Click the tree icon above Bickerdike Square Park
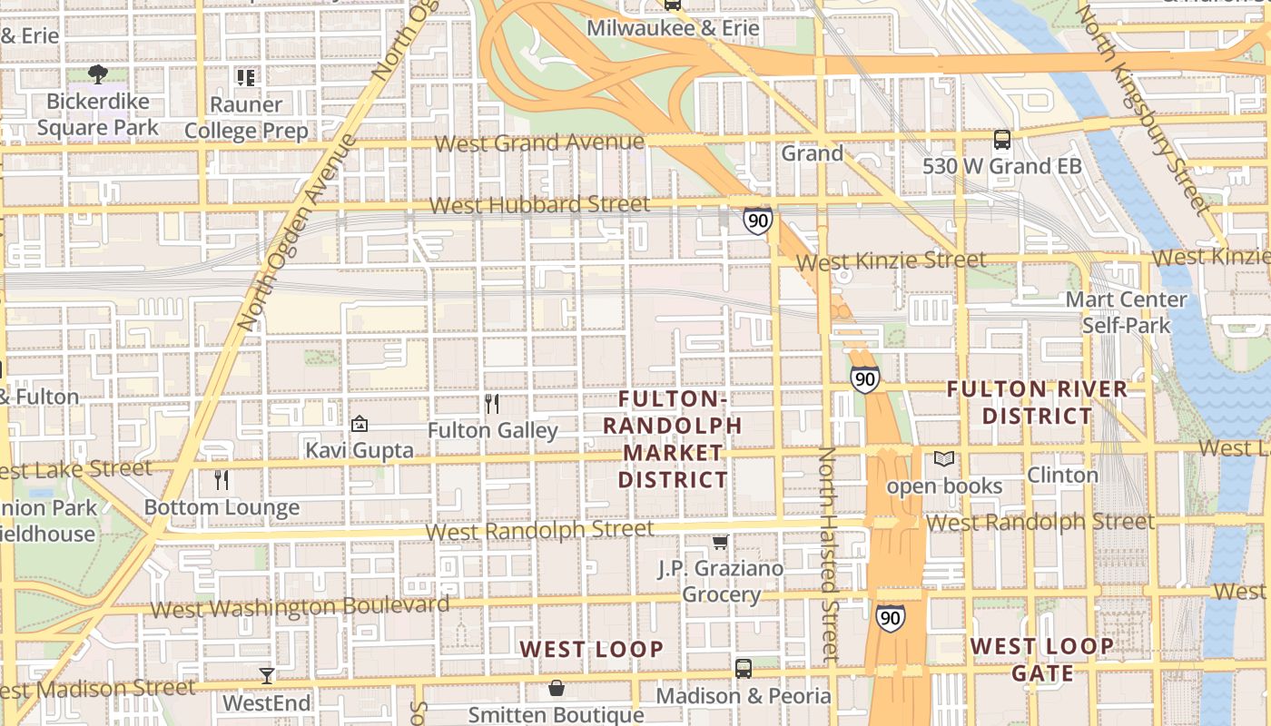click(98, 74)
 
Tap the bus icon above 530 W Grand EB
click(1002, 140)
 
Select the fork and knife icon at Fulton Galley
click(492, 404)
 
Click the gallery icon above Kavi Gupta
click(360, 424)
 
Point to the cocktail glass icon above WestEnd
click(267, 676)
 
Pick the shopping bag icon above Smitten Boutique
click(557, 689)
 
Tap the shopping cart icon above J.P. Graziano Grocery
click(721, 543)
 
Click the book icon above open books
click(944, 459)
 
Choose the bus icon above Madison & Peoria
click(744, 669)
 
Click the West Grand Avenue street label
click(539, 143)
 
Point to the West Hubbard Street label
click(539, 205)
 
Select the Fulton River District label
click(1037, 403)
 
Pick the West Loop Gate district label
click(1041, 660)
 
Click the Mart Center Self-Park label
click(1126, 312)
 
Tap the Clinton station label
click(1062, 475)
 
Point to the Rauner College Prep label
click(246, 118)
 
